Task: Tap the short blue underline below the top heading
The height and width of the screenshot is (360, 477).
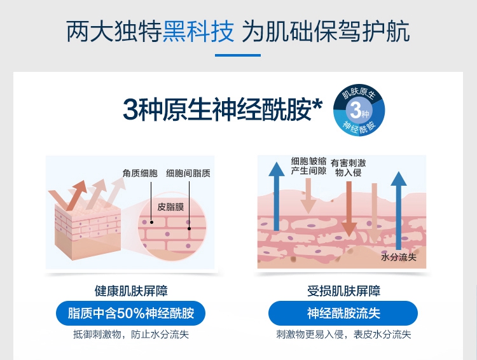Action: tap(238, 55)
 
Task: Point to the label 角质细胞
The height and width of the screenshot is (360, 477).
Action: tap(140, 172)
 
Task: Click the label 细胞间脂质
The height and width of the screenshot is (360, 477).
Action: tap(188, 172)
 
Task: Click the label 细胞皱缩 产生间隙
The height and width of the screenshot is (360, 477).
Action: tap(309, 166)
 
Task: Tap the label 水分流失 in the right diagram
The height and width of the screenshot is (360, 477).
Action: tap(398, 257)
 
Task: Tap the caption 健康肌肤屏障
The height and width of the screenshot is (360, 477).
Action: tap(131, 291)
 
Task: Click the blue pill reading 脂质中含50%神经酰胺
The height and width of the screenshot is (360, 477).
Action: tap(131, 314)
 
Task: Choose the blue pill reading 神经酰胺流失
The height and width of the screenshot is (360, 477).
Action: tap(343, 314)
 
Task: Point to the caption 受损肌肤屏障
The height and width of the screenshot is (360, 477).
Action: tap(343, 291)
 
